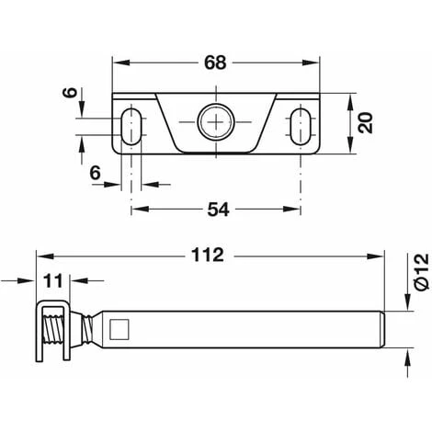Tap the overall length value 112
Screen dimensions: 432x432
point(209,255)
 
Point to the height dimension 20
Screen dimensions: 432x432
point(367,122)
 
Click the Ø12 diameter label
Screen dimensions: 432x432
point(420,273)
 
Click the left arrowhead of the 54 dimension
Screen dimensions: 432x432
point(136,209)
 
